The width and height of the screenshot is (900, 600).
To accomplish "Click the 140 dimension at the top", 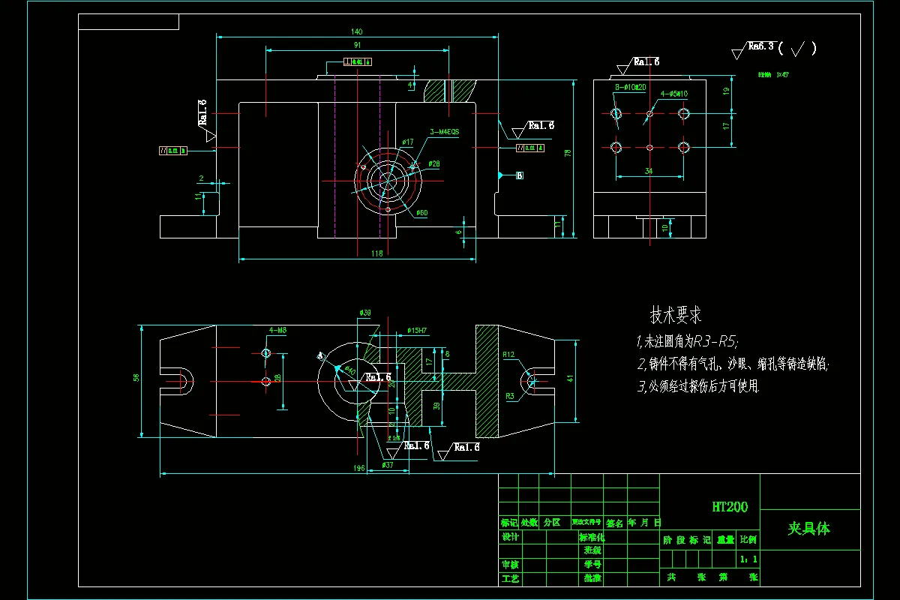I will (x=356, y=31).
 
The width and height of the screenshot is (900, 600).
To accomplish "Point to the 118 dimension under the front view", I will (x=376, y=253).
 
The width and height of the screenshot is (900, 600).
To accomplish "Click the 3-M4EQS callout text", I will (x=444, y=132).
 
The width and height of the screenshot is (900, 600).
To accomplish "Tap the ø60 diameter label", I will (x=421, y=213).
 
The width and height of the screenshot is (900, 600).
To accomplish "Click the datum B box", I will (x=519, y=176).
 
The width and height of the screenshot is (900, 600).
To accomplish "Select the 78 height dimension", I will (x=568, y=153).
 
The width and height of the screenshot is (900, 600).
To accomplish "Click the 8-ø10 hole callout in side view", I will (x=630, y=88).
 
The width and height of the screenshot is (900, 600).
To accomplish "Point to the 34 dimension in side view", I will (x=648, y=171).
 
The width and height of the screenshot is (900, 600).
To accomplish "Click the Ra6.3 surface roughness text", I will (x=760, y=46).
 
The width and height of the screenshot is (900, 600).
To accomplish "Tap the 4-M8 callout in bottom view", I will (x=277, y=330).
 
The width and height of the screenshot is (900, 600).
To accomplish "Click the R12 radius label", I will (x=508, y=355).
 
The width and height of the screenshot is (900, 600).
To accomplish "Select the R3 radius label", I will (x=509, y=395).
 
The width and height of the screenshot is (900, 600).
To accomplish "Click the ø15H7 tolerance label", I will (x=418, y=330).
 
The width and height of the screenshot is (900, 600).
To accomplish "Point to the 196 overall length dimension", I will (x=358, y=468).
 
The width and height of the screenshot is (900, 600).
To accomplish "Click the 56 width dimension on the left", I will (x=136, y=378).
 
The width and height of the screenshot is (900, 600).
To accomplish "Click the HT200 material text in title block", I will (x=729, y=507).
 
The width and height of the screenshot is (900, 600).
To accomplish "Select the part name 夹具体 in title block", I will (x=808, y=529).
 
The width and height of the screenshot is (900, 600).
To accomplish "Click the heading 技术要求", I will (x=675, y=316).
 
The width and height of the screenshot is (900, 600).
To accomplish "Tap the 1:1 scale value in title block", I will (x=748, y=559).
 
